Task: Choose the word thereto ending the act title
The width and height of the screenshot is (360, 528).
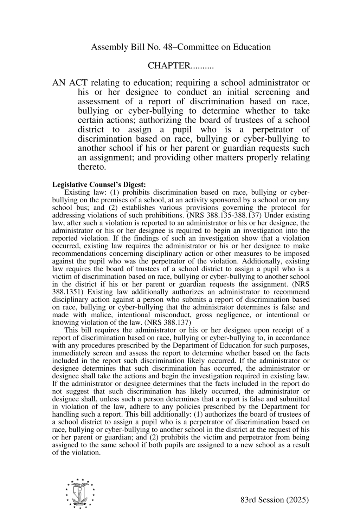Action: pyautogui.click(x=92, y=167)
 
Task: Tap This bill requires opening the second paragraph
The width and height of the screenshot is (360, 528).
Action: pyautogui.click(x=88, y=330)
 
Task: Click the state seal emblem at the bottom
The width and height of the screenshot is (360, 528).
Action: pyautogui.click(x=80, y=494)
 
